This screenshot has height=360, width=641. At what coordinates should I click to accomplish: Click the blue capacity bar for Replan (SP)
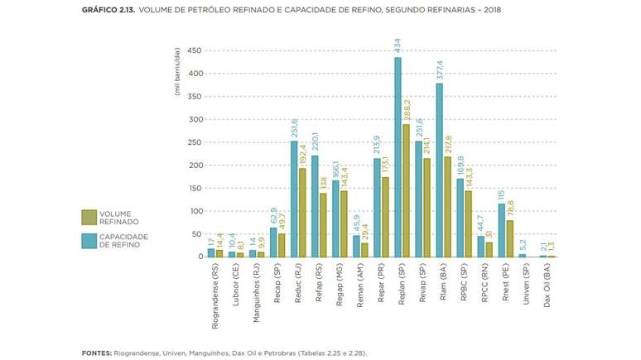[398, 157]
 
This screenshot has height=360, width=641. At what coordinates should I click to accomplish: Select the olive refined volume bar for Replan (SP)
[406, 190]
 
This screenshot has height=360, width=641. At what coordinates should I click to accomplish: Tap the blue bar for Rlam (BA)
[439, 170]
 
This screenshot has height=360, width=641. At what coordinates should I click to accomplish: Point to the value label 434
[398, 45]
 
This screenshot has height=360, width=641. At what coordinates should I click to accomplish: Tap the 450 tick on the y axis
[195, 50]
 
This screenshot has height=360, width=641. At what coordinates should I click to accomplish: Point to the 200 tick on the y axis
[195, 166]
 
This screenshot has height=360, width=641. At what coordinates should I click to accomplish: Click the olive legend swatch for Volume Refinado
[89, 218]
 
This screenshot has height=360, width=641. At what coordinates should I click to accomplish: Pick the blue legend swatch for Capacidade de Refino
[89, 240]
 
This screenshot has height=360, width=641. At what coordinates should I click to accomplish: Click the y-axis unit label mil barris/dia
[177, 72]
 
